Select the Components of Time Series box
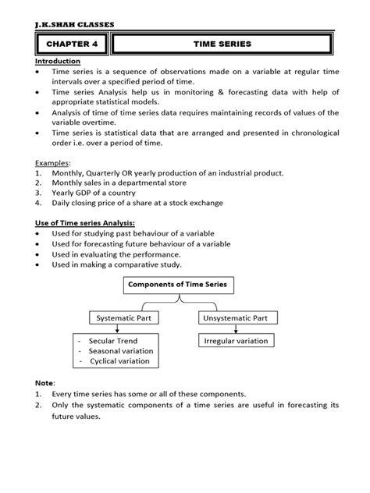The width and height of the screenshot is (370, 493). [177, 286]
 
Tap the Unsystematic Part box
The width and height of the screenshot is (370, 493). [230, 318]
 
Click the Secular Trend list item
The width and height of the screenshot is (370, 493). [115, 342]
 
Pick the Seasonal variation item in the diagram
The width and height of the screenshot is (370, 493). [121, 352]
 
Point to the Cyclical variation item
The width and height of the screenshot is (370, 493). [120, 362]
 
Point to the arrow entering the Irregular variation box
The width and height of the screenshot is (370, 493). [230, 330]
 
